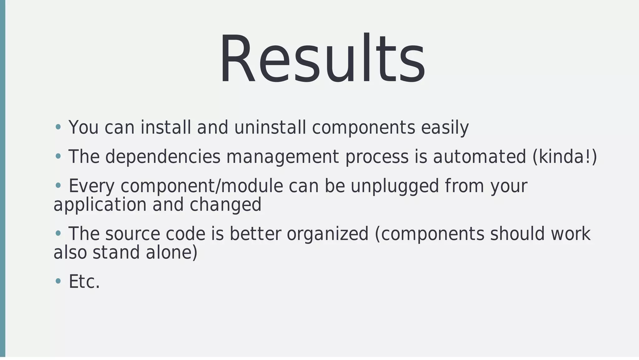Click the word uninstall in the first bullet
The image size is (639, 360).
click(x=270, y=128)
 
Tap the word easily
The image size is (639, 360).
click(x=445, y=128)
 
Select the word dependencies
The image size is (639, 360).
click(x=163, y=157)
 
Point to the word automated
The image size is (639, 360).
click(x=479, y=157)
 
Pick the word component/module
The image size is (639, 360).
click(x=202, y=186)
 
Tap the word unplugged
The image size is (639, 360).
click(x=395, y=186)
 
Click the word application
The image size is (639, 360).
click(x=100, y=205)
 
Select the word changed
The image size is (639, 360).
click(x=225, y=205)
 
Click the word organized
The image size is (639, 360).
click(x=328, y=234)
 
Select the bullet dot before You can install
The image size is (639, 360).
click(x=58, y=127)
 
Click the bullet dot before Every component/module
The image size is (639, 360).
click(x=58, y=186)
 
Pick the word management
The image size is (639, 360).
click(x=282, y=157)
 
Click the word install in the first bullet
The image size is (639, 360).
click(x=166, y=128)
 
